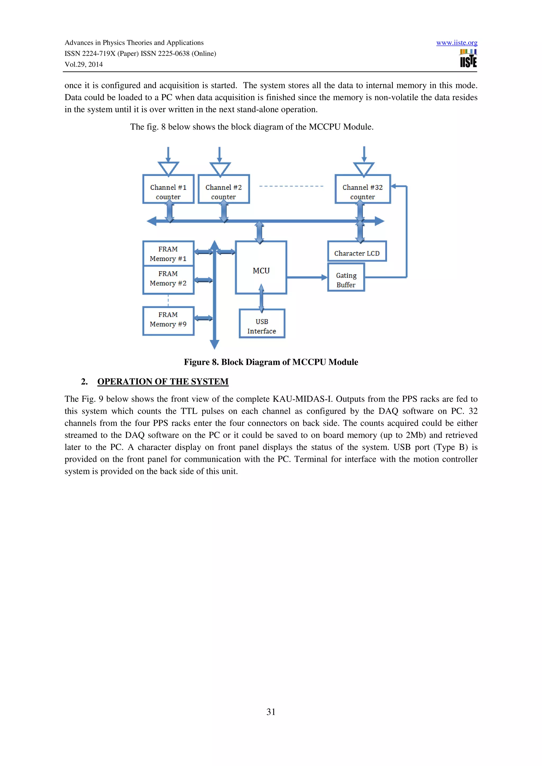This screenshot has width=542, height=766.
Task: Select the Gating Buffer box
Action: [346, 277]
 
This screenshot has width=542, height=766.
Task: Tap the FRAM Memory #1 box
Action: [168, 253]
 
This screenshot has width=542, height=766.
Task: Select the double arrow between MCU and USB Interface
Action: [261, 299]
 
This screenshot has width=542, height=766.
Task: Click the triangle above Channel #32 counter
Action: [364, 169]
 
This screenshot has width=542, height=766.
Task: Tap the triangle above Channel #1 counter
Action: [168, 168]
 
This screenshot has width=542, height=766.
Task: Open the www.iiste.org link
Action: [457, 43]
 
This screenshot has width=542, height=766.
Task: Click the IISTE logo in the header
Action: [468, 59]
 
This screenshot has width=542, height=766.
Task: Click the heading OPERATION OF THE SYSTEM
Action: [163, 381]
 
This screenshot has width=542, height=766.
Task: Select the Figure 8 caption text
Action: [271, 362]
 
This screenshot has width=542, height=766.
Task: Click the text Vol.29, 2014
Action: [84, 64]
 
